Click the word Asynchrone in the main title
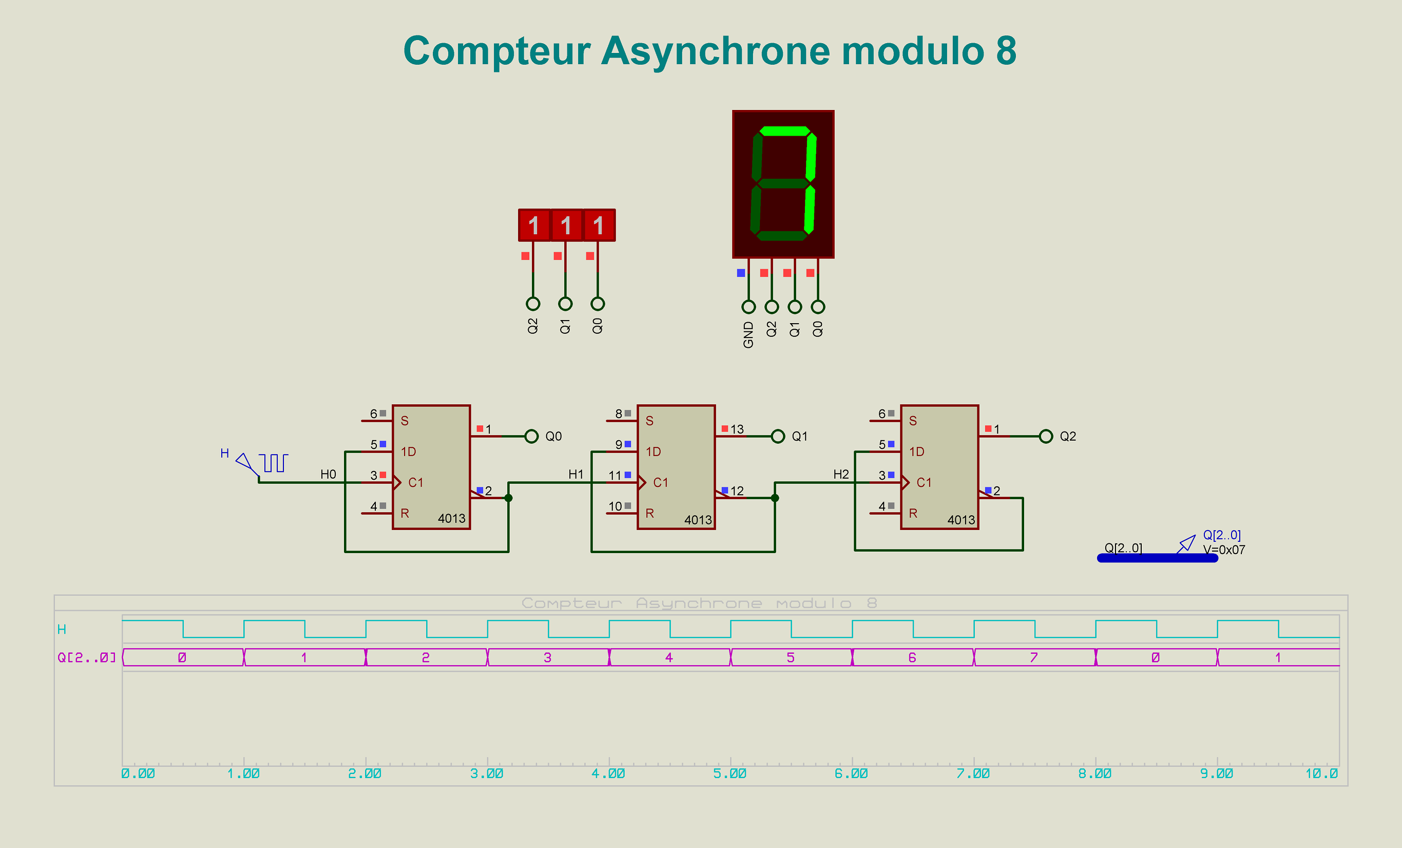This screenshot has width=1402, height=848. point(715,51)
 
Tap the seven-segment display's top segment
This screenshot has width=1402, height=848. point(784,131)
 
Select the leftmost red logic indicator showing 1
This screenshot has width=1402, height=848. point(534,225)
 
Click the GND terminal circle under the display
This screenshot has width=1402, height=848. point(748,307)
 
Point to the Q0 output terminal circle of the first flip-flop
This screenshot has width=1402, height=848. point(531,437)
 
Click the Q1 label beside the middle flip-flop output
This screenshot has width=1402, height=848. point(799,437)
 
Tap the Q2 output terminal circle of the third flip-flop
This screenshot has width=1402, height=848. point(1046,437)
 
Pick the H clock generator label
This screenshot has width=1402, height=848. point(225,454)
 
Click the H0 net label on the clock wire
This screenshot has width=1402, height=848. point(329,475)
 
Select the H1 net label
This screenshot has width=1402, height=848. point(576,475)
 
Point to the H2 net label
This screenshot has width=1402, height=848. point(841,475)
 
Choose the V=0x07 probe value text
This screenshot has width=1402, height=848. point(1224,550)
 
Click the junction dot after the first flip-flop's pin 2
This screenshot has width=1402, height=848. point(509,498)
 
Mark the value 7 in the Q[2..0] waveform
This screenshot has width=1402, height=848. point(1034,658)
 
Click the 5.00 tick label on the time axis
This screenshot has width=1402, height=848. point(730,774)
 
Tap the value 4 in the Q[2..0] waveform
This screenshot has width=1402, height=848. point(669,658)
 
